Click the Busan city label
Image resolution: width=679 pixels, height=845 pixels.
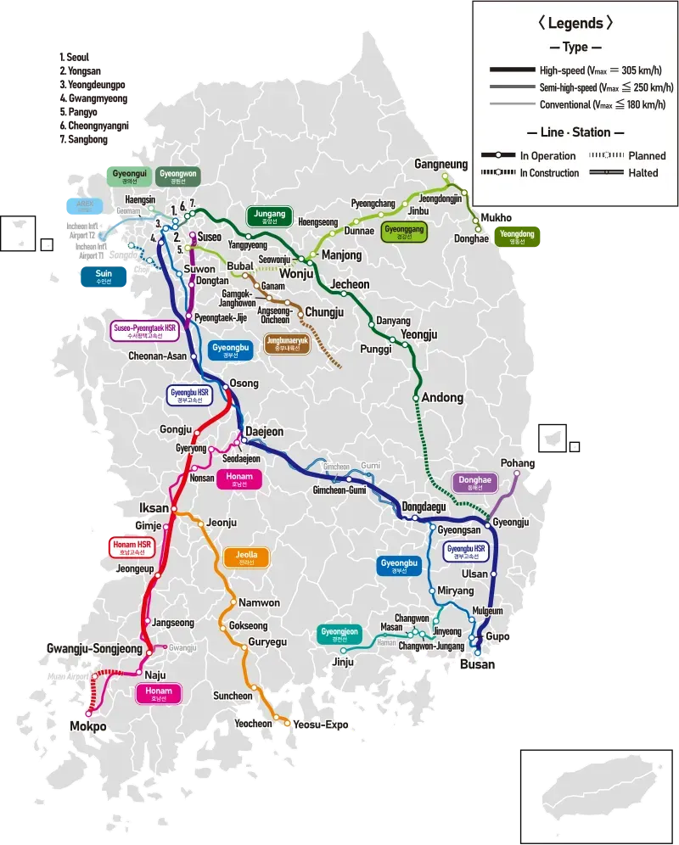(x=476, y=665)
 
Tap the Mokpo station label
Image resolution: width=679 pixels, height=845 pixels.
(x=88, y=727)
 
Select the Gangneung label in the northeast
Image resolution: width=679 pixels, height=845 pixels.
(x=441, y=164)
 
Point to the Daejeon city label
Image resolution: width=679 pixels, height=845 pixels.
(x=264, y=432)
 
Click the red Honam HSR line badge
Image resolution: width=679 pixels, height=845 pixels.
(x=132, y=547)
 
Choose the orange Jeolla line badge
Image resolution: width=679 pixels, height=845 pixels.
(x=246, y=558)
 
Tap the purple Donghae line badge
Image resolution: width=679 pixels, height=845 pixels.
(x=475, y=483)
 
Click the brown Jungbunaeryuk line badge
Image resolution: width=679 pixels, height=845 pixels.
(x=287, y=344)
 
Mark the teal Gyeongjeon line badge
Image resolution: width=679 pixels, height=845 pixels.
(x=340, y=635)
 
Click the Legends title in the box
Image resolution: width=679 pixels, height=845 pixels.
(x=575, y=24)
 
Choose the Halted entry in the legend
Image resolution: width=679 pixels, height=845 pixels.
(x=643, y=173)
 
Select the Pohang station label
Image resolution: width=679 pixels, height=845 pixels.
(x=518, y=463)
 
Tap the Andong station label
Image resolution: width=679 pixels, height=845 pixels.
(x=442, y=398)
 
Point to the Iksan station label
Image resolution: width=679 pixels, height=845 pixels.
(x=154, y=508)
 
